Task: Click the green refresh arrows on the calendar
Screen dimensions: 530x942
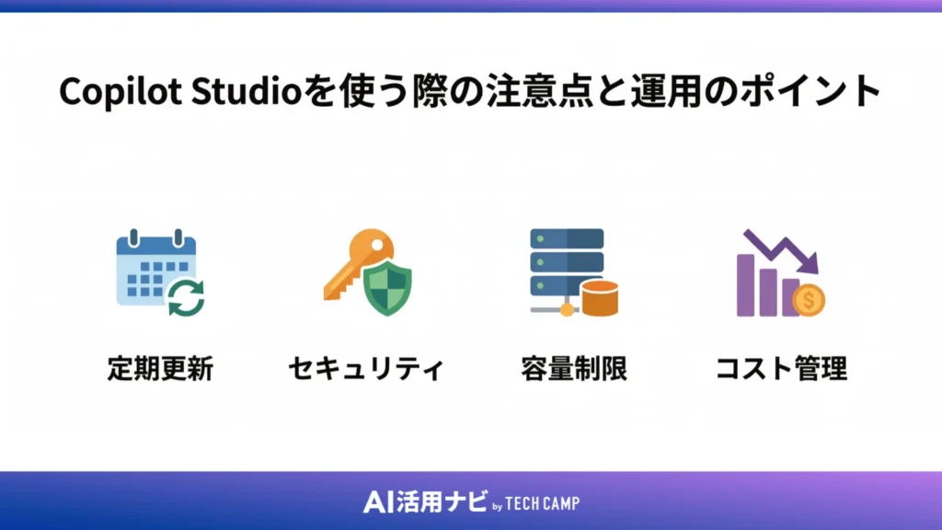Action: pos(187,297)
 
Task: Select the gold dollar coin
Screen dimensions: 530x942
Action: pos(809,299)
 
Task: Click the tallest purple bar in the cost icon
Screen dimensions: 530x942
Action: pos(747,285)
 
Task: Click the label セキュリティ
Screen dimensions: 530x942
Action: pos(366,370)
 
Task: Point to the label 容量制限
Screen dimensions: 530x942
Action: pos(574,370)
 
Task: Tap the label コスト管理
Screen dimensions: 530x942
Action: pos(781,370)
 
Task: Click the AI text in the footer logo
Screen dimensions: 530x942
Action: pos(378,502)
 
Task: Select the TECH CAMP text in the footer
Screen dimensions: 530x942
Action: pos(543,503)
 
